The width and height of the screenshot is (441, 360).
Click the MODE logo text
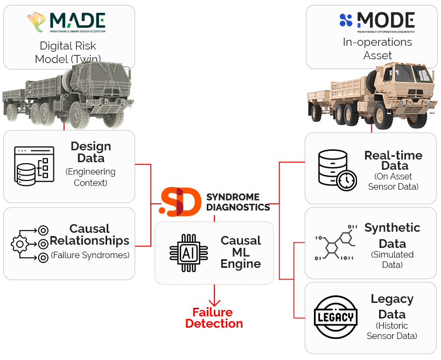(x=385, y=20)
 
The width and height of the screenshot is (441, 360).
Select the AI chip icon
(x=188, y=253)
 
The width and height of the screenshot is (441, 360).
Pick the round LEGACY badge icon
(x=335, y=317)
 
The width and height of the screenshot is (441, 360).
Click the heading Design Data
(x=90, y=153)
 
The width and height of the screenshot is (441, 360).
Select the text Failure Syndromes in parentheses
(x=90, y=255)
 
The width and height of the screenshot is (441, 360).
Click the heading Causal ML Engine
(x=241, y=252)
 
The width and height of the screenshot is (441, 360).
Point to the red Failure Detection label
(x=215, y=318)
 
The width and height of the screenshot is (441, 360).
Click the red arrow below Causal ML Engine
(x=215, y=296)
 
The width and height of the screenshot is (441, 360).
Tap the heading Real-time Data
(x=393, y=161)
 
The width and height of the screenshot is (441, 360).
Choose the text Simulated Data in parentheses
(x=393, y=259)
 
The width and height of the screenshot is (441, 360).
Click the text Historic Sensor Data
(x=391, y=331)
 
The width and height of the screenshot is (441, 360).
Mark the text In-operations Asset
(x=377, y=49)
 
